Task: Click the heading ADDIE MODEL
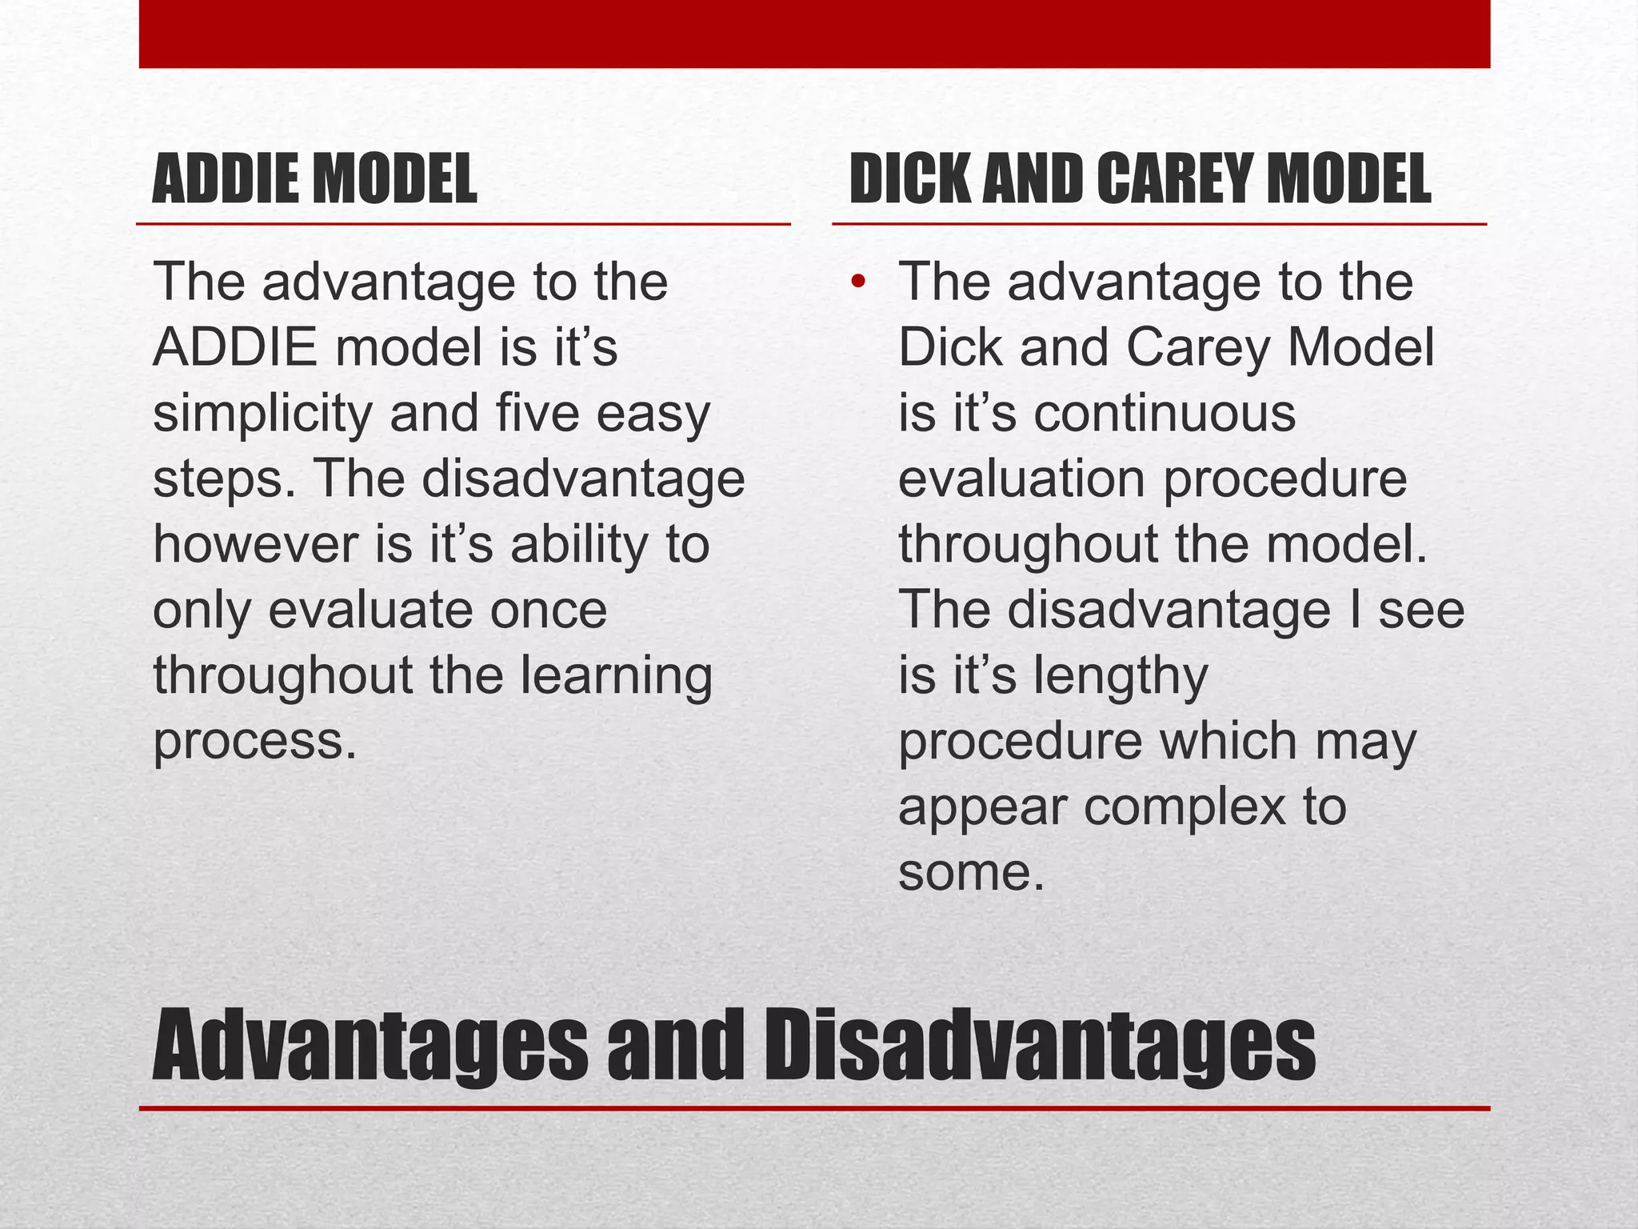pos(314,180)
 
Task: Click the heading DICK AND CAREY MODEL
pos(1139,180)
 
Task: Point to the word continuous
pos(1164,414)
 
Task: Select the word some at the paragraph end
pos(970,873)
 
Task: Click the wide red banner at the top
pos(814,34)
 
